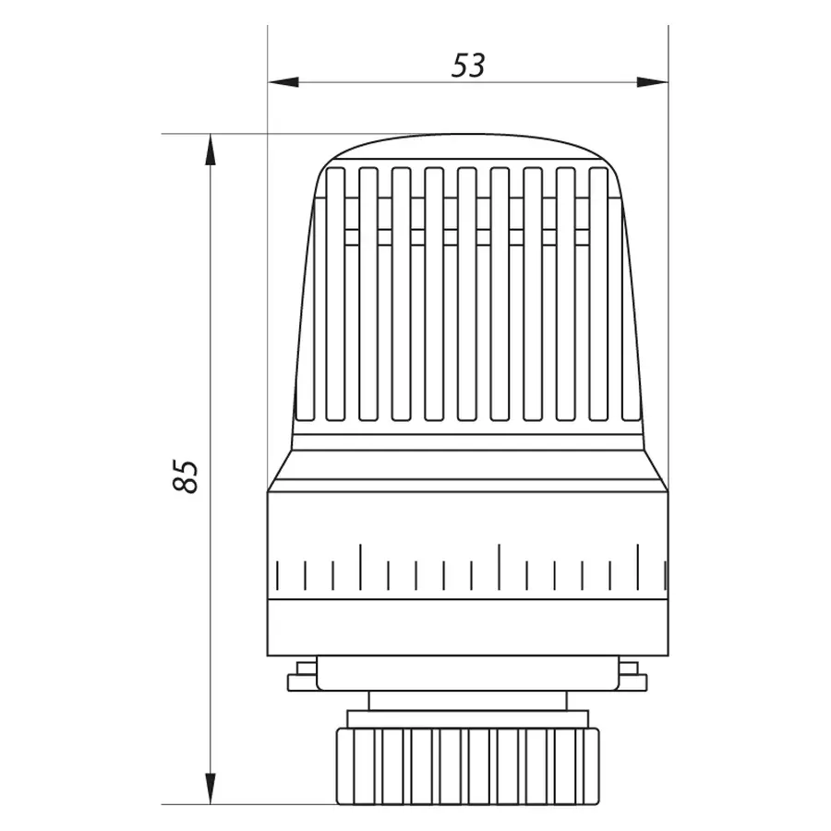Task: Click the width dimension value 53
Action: (x=468, y=66)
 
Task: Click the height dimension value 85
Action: (x=187, y=476)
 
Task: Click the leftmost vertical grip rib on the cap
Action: (x=335, y=294)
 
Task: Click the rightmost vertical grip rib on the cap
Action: (x=598, y=294)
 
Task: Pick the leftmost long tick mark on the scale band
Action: (x=360, y=566)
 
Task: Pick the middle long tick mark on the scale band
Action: (x=499, y=566)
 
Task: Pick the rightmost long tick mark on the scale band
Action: (x=637, y=566)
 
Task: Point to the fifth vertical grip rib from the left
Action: (x=466, y=294)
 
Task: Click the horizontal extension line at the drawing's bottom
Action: (x=249, y=804)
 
